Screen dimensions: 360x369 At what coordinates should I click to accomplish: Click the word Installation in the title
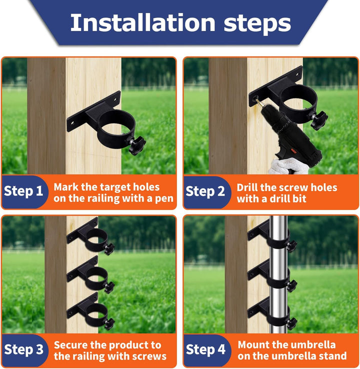[x=143, y=22]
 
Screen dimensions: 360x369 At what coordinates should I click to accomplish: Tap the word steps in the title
[x=257, y=24]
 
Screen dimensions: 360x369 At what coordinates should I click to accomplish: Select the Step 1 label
[x=23, y=191]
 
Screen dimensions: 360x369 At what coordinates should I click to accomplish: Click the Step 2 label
[x=205, y=191]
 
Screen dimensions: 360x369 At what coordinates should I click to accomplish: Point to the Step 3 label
[x=24, y=349]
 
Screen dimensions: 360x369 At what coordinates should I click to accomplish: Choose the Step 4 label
[x=205, y=349]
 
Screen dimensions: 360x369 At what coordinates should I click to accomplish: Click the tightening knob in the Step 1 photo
[x=136, y=145]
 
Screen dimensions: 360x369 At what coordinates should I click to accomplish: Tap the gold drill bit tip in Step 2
[x=258, y=102]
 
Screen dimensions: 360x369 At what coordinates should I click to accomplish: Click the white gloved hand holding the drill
[x=288, y=166]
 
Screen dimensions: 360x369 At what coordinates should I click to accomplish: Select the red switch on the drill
[x=294, y=151]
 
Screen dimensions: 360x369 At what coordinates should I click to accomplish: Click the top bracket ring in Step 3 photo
[x=96, y=239]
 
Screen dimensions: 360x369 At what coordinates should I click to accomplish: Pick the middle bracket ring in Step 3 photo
[x=96, y=278]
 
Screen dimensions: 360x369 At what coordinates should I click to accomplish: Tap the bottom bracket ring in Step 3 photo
[x=96, y=315]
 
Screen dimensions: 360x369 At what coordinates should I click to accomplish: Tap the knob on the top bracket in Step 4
[x=292, y=246]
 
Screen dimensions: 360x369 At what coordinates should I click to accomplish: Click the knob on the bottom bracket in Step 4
[x=292, y=323]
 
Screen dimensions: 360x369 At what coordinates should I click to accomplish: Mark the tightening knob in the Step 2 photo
[x=319, y=120]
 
